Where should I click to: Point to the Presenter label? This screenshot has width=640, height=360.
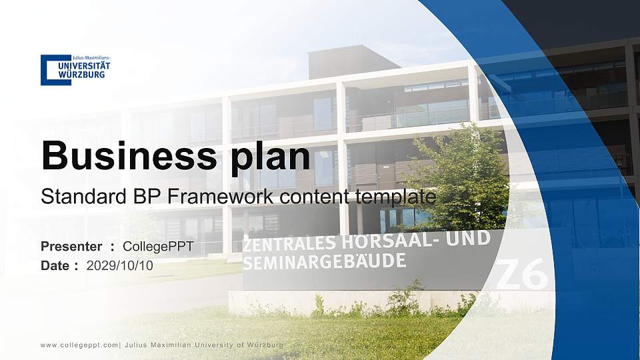coord(71,247)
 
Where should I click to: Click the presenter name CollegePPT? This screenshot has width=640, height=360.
coord(158,247)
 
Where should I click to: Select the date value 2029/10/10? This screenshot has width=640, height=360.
coord(120,265)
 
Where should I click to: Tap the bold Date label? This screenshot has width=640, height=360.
coord(55,265)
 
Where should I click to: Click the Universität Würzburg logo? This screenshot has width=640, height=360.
coord(75,69)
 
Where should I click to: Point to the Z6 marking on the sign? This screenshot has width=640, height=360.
coord(523,274)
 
